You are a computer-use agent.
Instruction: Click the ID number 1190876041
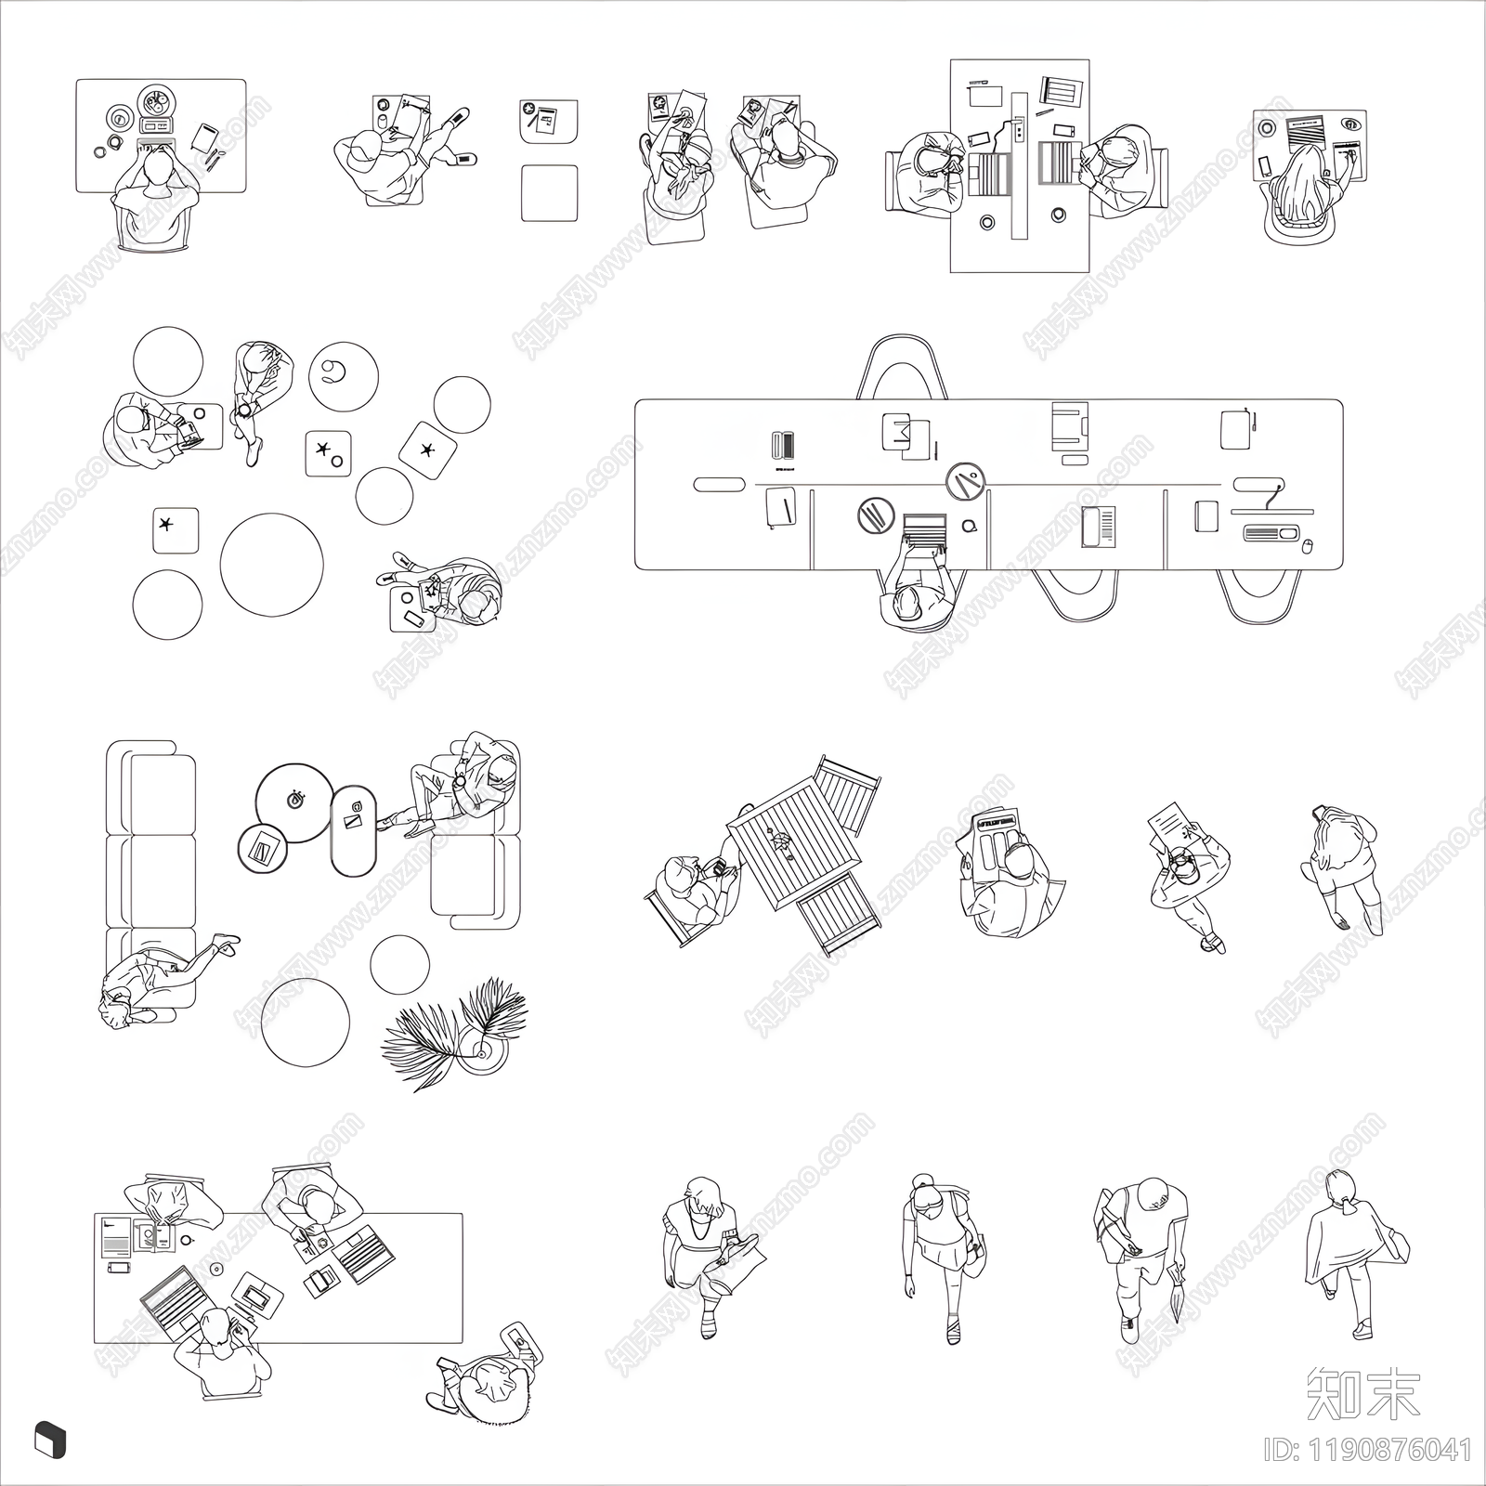(x=1370, y=1450)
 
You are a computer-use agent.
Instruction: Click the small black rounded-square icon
(x=49, y=1440)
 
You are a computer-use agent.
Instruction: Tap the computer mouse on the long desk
(x=1308, y=546)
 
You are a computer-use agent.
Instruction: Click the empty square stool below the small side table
(x=549, y=192)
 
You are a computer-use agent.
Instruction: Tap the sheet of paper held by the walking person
(x=1170, y=824)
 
